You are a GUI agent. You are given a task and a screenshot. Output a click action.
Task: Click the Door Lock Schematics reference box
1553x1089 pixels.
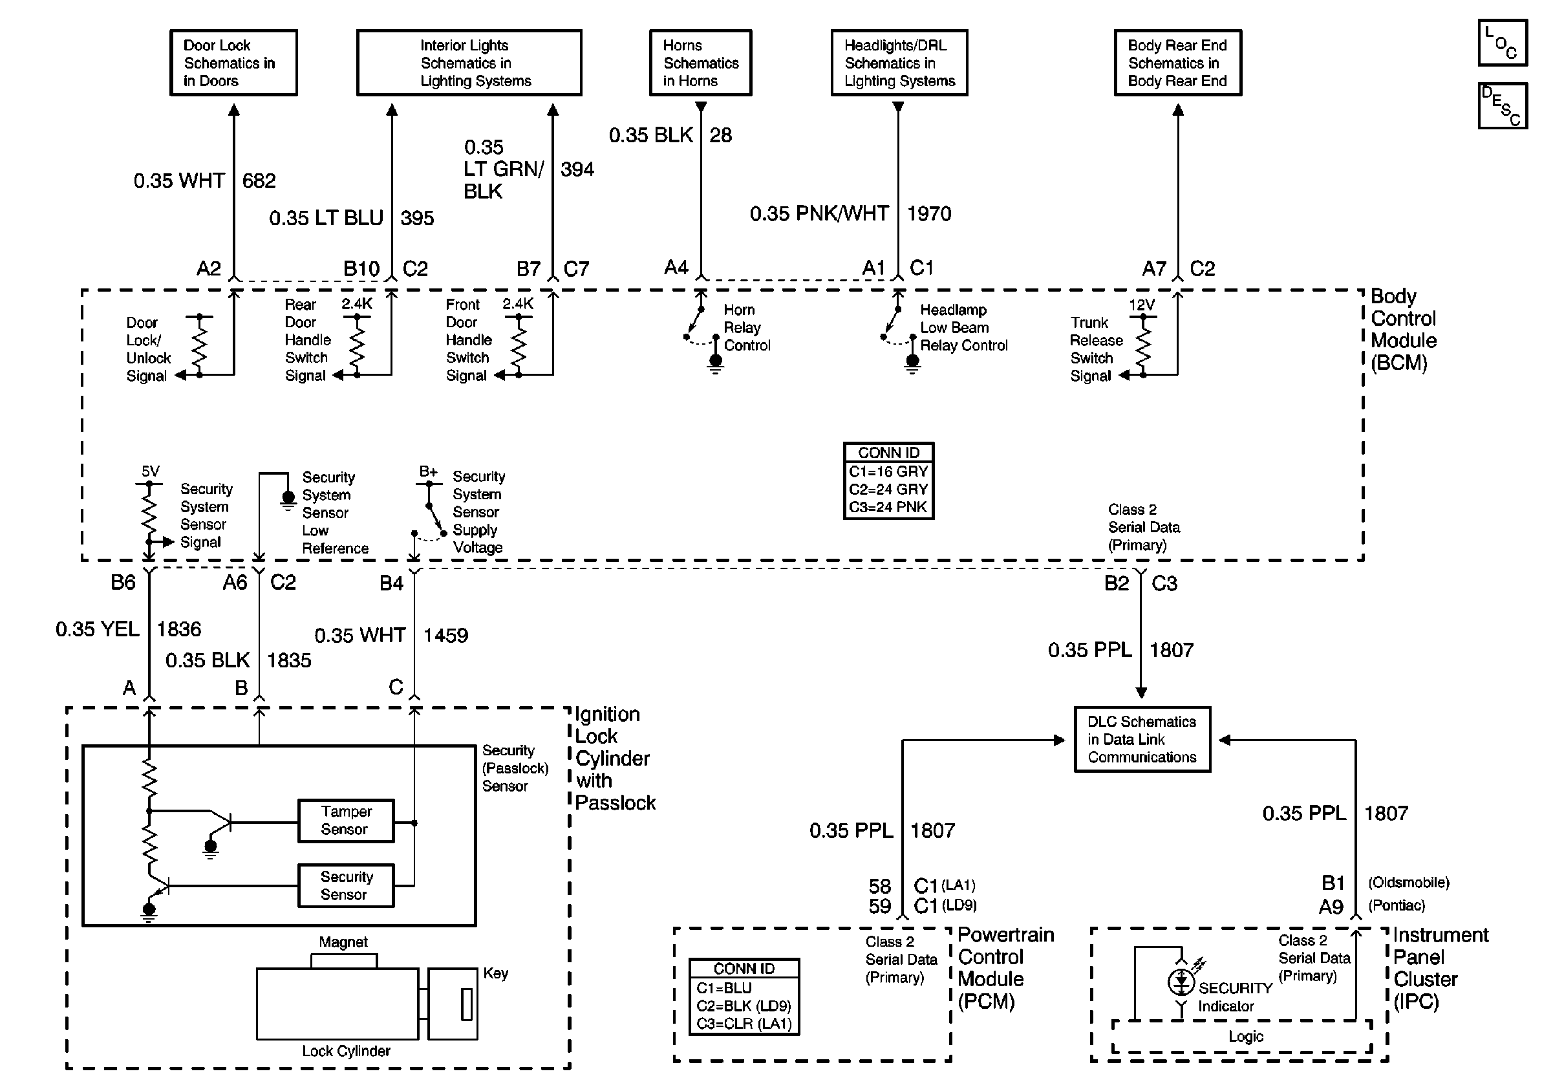tap(233, 63)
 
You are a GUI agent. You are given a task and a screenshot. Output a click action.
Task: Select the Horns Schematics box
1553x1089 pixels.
tap(700, 63)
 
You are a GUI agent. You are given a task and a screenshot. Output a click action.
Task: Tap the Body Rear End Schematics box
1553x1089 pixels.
tap(1177, 63)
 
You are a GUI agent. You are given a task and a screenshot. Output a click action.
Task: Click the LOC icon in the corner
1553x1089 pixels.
tap(1503, 43)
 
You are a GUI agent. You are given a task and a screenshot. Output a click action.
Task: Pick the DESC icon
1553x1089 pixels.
tap(1503, 105)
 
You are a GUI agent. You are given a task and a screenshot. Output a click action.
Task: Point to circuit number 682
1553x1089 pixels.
tap(259, 181)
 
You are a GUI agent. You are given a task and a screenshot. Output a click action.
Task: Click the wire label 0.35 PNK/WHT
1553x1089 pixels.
tap(819, 214)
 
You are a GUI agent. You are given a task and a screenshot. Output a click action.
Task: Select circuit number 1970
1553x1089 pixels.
tap(928, 214)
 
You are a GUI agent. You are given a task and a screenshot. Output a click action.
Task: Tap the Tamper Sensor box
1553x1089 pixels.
tap(346, 821)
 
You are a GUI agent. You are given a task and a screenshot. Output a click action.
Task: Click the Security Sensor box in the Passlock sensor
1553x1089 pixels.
tap(346, 885)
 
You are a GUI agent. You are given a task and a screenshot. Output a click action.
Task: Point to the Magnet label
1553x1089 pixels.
tap(343, 942)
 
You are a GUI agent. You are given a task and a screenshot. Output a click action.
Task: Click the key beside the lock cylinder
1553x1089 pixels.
tap(453, 1004)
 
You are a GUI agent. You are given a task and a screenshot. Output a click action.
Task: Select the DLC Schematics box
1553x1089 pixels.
tap(1142, 739)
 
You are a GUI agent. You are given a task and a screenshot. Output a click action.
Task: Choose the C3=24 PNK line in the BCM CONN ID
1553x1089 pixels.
tap(888, 507)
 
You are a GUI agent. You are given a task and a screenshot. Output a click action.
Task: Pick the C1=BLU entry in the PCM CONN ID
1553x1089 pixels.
tap(723, 988)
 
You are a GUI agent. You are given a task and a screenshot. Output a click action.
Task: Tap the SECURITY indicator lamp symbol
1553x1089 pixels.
tap(1181, 982)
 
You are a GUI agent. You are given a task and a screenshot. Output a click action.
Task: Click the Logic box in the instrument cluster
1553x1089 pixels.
tap(1245, 1036)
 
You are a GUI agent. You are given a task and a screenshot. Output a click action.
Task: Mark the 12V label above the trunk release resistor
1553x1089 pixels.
tap(1142, 305)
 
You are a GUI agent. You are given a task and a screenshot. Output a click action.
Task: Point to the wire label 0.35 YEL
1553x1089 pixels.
tap(98, 629)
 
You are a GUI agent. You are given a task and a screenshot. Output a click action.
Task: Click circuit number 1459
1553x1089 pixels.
tap(445, 636)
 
